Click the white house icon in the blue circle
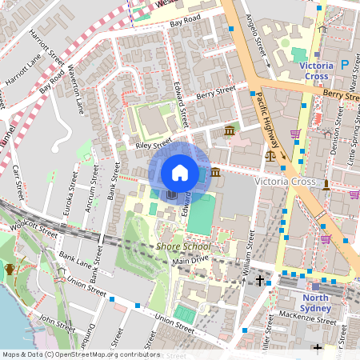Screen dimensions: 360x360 [x=180, y=173]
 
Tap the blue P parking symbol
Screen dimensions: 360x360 [x=345, y=64]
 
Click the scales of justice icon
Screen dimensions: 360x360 [x=269, y=156]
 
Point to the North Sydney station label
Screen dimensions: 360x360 [x=314, y=302]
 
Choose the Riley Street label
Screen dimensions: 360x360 [x=154, y=144]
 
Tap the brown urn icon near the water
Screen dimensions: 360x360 [x=10, y=269]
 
